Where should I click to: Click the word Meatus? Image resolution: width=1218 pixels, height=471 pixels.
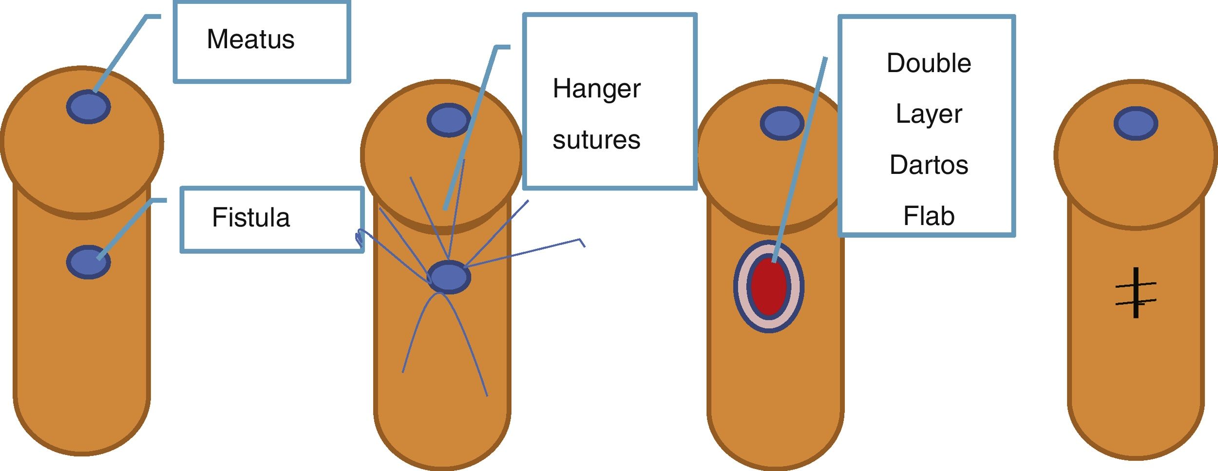pyautogui.click(x=250, y=39)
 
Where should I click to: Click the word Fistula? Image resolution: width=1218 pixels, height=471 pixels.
pyautogui.click(x=250, y=217)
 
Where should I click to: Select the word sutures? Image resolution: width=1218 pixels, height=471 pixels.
pyautogui.click(x=596, y=140)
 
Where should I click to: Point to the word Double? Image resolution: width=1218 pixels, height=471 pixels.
pyautogui.click(x=929, y=63)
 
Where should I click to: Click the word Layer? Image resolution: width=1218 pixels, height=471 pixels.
pyautogui.click(x=929, y=114)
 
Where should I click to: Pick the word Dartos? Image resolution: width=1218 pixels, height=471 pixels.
pyautogui.click(x=929, y=165)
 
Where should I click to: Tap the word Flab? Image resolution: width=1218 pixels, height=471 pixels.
pyautogui.click(x=929, y=216)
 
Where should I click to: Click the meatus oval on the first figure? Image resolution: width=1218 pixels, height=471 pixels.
pyautogui.click(x=88, y=107)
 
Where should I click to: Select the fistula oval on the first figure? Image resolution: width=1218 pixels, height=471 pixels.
pyautogui.click(x=88, y=262)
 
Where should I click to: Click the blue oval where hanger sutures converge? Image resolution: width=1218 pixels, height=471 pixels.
pyautogui.click(x=449, y=277)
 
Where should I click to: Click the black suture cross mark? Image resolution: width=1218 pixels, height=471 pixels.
pyautogui.click(x=1136, y=293)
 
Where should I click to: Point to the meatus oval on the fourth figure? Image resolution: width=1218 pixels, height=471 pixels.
pyautogui.click(x=1136, y=123)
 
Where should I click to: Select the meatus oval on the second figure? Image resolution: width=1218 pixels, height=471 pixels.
pyautogui.click(x=449, y=120)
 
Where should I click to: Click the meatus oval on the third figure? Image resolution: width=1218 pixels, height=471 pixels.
pyautogui.click(x=782, y=123)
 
